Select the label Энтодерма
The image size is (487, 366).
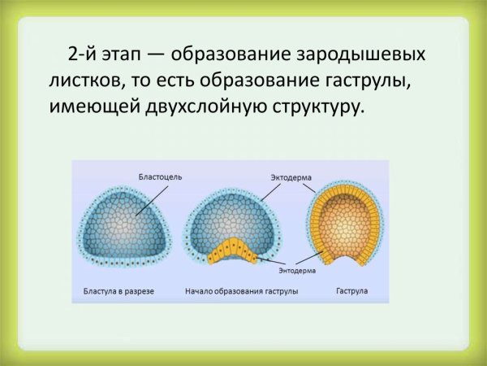(x=296, y=269)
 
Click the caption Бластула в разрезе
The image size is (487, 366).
(x=119, y=290)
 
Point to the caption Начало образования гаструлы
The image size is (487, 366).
(x=241, y=290)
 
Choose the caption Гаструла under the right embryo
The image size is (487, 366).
(x=351, y=290)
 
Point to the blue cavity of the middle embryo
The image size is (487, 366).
(x=231, y=216)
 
